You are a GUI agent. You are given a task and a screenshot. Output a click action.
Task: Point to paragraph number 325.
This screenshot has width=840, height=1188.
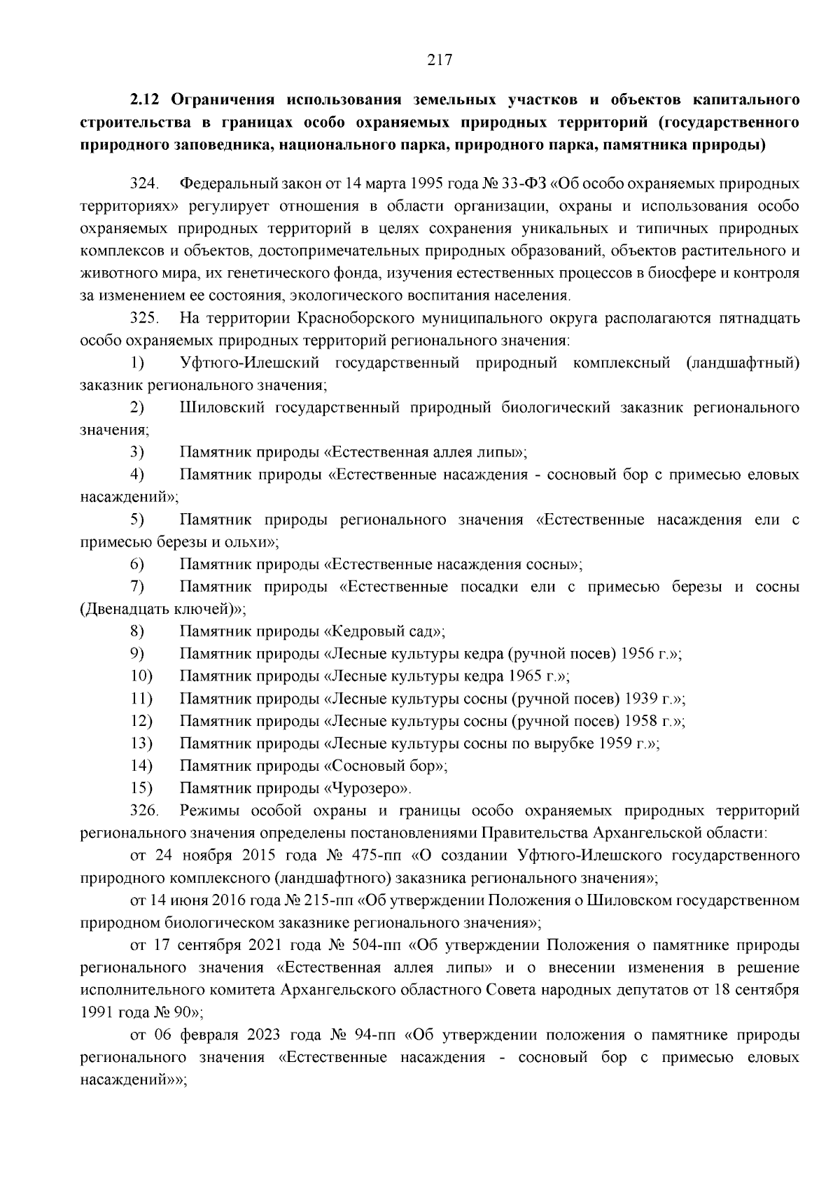point(144,319)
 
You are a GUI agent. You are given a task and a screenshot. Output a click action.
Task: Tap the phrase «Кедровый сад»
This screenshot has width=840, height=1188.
point(384,632)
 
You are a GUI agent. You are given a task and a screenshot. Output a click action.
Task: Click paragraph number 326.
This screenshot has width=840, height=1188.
point(144,811)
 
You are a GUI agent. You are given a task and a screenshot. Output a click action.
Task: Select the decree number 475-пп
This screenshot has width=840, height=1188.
point(372,856)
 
